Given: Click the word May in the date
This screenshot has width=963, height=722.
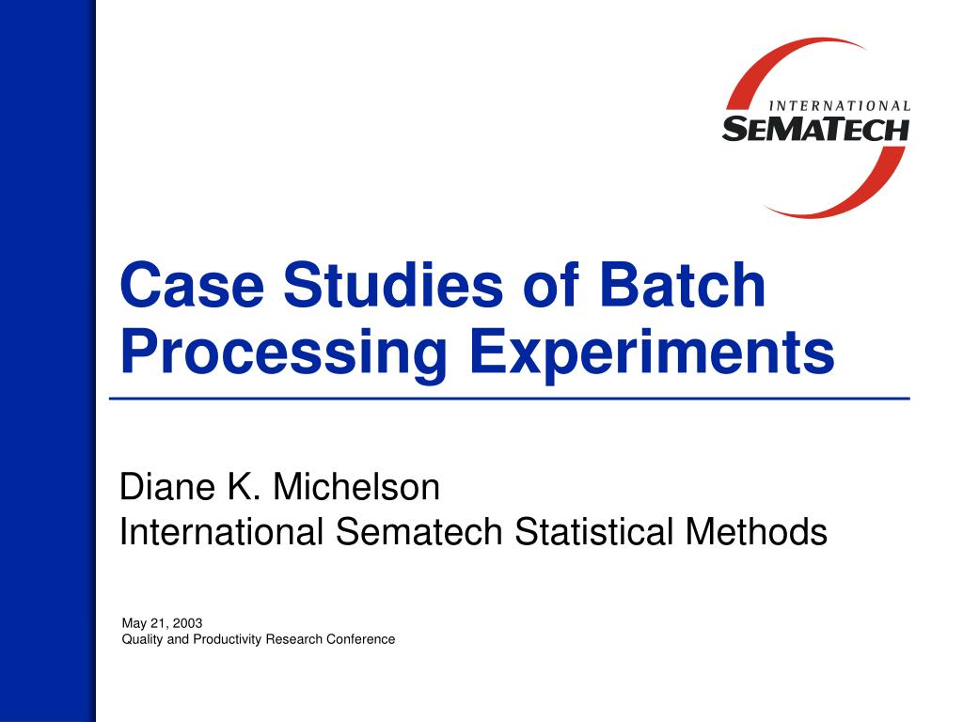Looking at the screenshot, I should pos(134,622).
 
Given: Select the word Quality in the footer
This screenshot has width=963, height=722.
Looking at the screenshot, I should pos(142,639).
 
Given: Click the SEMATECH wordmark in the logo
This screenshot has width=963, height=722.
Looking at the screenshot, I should pos(815,128).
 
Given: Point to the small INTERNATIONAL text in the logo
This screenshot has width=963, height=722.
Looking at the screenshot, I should pos(840,106).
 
